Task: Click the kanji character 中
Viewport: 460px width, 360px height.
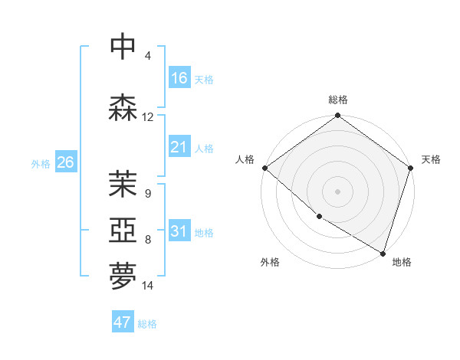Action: [x=123, y=47]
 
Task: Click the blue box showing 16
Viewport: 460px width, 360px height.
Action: [x=179, y=78]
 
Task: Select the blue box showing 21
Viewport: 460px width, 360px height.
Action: [x=179, y=147]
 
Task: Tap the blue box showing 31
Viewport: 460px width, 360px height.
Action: [x=179, y=231]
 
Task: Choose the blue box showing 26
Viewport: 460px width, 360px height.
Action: [x=65, y=162]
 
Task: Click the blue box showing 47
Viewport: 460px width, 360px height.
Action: [x=123, y=322]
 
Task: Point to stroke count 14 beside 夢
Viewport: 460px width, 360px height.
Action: [x=148, y=286]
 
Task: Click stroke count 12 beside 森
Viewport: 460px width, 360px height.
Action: [x=148, y=117]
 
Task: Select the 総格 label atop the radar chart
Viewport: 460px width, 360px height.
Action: [x=338, y=100]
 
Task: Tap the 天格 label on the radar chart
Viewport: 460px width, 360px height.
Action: [x=431, y=159]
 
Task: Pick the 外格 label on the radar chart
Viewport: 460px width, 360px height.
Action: [x=270, y=262]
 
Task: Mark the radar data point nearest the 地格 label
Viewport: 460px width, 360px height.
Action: [x=383, y=253]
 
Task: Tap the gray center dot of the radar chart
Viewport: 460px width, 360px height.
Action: [x=338, y=191]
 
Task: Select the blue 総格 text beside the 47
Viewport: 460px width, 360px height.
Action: [x=147, y=324]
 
